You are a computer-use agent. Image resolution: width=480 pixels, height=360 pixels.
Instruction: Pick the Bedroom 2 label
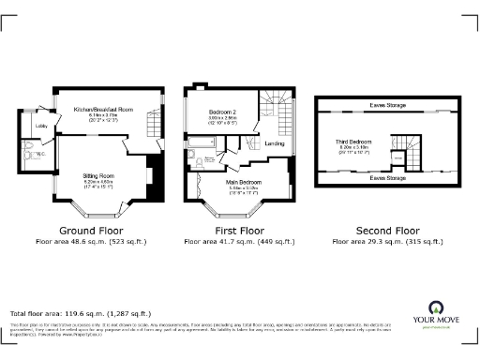(222, 112)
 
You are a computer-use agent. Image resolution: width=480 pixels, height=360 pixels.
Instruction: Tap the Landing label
(275, 143)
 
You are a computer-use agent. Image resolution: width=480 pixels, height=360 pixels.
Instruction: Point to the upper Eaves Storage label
(387, 106)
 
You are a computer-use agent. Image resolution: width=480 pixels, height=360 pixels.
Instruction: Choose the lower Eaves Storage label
(387, 177)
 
